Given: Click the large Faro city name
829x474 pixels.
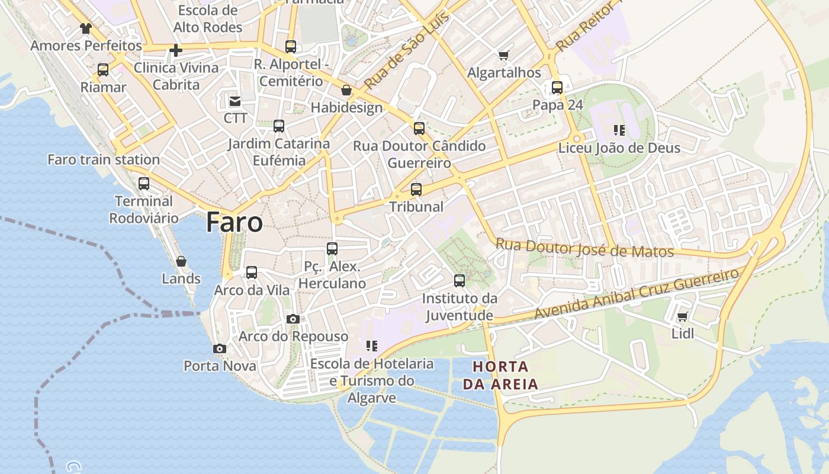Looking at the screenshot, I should coord(234,223).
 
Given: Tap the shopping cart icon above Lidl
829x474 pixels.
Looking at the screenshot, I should coord(682,317).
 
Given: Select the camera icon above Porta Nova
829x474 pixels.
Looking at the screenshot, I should coord(220,348).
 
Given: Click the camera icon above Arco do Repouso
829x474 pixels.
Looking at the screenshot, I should coord(293,319).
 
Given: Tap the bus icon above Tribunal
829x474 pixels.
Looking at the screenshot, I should coord(416,190).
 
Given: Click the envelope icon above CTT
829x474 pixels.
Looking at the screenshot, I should coord(235,101).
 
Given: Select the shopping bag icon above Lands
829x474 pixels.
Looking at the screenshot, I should coord(181,261).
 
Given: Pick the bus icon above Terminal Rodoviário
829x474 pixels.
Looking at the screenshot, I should coord(144,184).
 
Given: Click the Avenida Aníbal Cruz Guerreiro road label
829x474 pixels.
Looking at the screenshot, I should coord(637,294).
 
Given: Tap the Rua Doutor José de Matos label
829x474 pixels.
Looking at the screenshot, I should coord(584,248).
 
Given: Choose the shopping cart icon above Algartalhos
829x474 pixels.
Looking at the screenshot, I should coord(504,55).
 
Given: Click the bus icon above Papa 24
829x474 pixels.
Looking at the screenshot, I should coord(557,88).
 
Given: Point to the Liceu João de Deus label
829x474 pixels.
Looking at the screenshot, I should coord(619,148).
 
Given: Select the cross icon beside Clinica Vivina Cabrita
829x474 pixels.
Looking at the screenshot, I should coord(175,50).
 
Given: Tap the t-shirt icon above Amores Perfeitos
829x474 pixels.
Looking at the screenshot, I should coord(86,28).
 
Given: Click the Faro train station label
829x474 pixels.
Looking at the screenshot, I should coord(104,159).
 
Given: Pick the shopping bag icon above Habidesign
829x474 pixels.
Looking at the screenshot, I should coord(346,91).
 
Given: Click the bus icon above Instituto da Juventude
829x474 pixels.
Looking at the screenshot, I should coord(460,281).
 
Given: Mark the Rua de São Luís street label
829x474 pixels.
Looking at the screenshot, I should coord(407,50).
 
